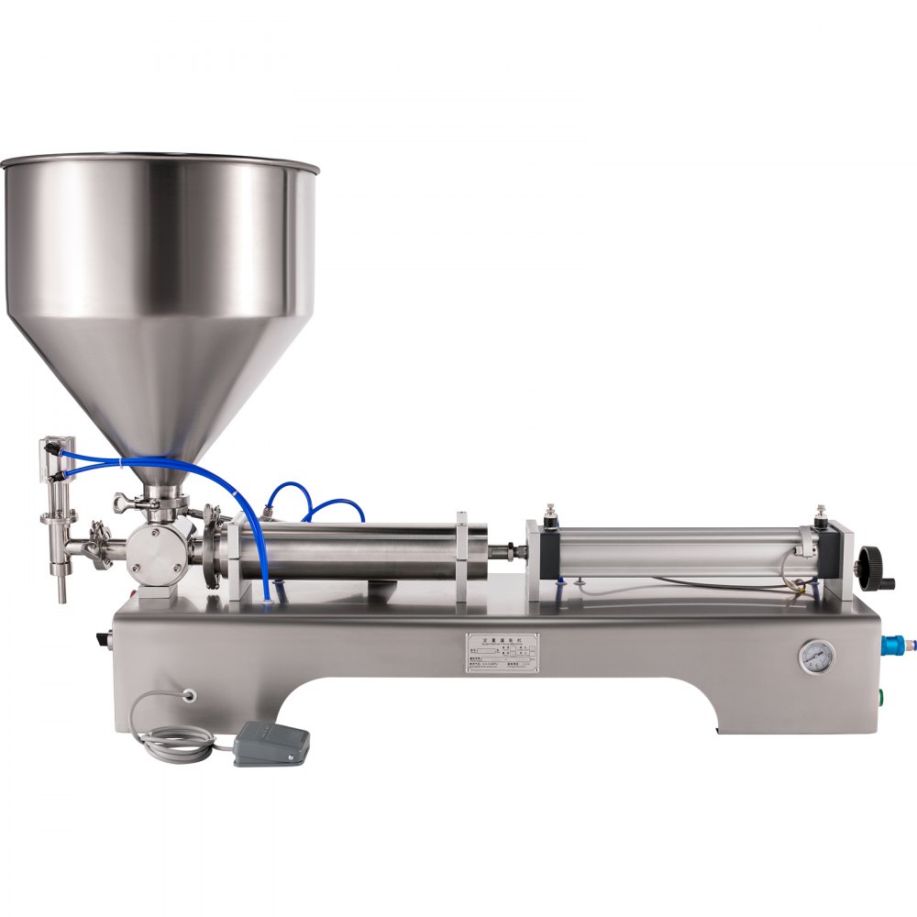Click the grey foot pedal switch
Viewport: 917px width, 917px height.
(x=271, y=742)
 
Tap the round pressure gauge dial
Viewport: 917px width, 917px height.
(x=816, y=657)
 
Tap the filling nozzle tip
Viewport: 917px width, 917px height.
(x=61, y=591)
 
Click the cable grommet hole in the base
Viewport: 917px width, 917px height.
(x=191, y=695)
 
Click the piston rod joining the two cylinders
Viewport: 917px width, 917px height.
(x=507, y=552)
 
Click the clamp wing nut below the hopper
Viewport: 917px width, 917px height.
(x=123, y=502)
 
